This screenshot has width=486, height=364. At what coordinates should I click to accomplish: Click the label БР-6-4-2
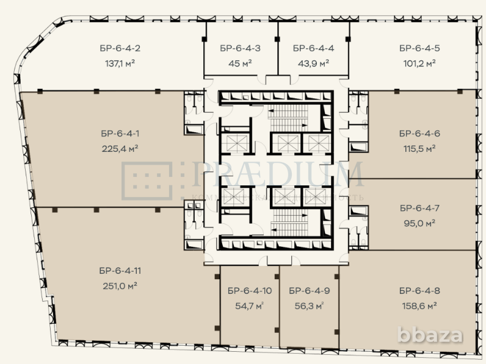[120, 48]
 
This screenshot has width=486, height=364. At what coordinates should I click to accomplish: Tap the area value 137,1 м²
[120, 62]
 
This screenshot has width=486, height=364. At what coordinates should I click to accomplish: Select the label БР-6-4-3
[240, 48]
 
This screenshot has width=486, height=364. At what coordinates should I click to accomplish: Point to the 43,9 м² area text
[313, 62]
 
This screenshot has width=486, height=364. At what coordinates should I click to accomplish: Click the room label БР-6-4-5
[419, 48]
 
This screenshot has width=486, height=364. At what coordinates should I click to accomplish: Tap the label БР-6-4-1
[120, 133]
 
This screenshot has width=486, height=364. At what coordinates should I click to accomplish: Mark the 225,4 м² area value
[120, 148]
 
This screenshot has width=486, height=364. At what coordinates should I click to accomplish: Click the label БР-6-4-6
[419, 133]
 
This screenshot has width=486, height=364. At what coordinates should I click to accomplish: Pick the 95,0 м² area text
[419, 223]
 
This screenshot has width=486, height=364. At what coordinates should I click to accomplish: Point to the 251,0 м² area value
[120, 285]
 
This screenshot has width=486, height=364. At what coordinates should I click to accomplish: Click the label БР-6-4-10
[248, 290]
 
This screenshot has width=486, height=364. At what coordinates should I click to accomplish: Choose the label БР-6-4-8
[419, 290]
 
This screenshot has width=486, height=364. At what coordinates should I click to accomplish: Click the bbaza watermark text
[430, 335]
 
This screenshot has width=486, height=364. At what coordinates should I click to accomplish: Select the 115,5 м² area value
[419, 148]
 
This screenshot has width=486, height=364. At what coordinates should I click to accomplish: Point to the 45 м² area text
[240, 62]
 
